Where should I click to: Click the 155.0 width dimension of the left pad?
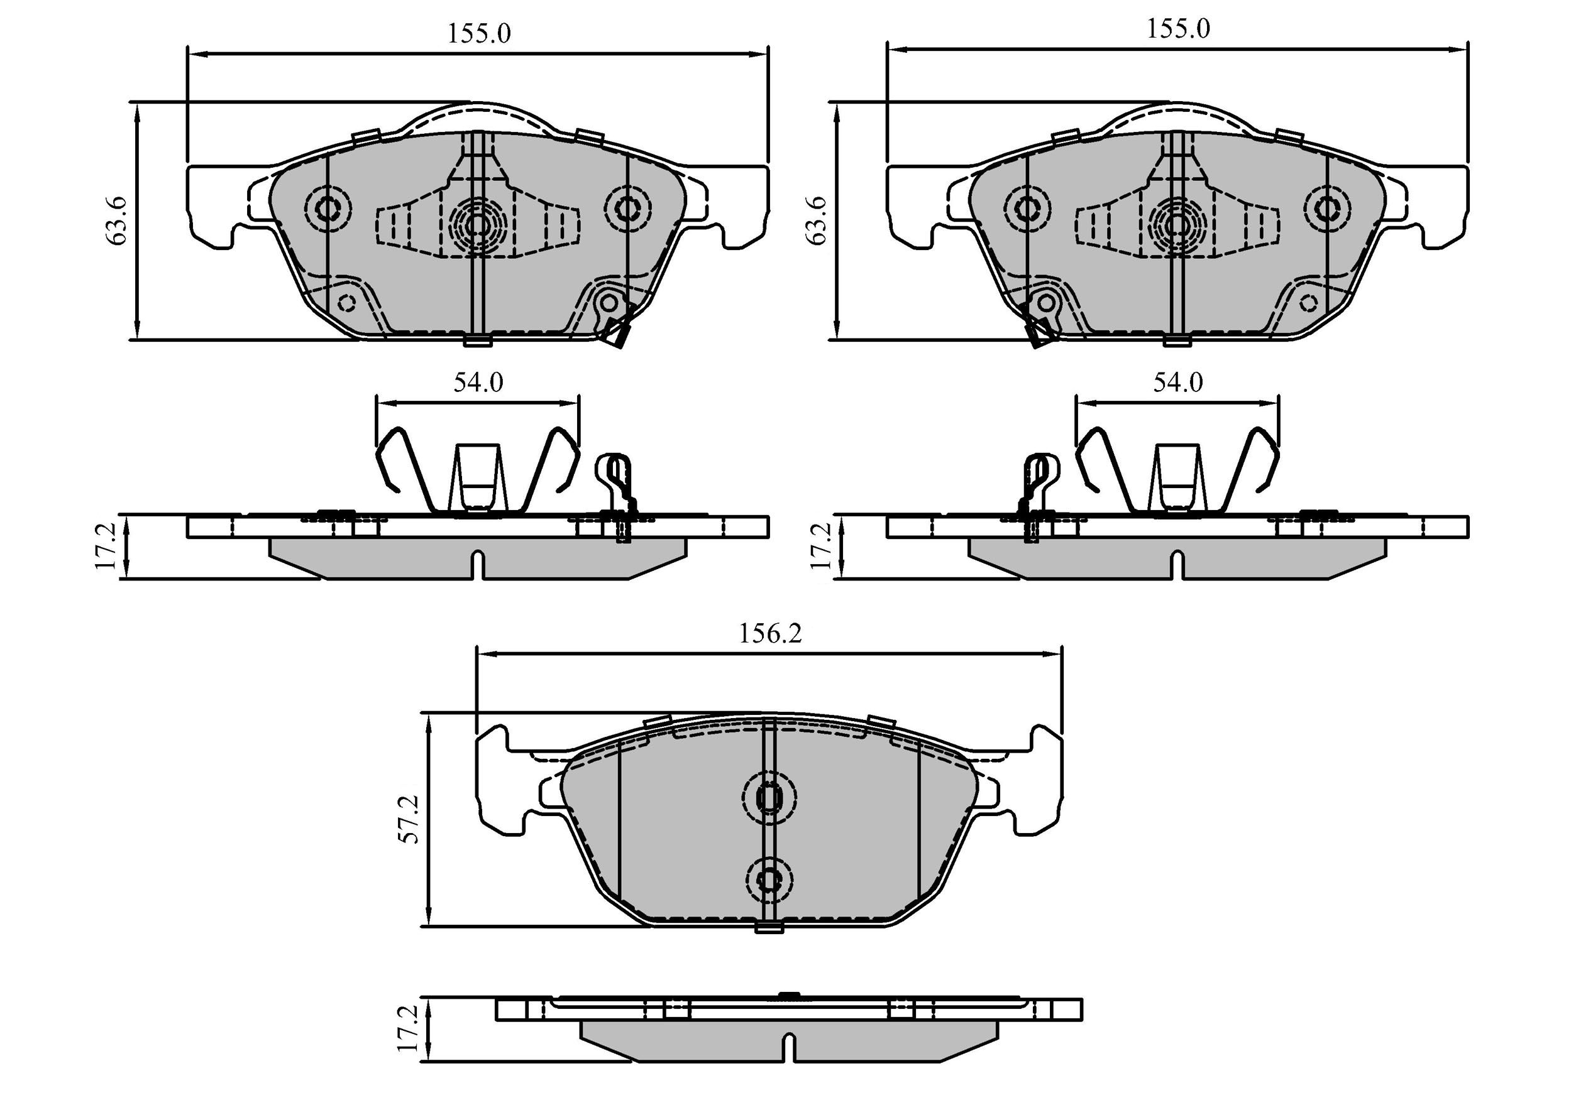pos(479,33)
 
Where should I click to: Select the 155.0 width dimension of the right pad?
pos(1178,29)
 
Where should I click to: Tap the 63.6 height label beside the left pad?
pos(117,220)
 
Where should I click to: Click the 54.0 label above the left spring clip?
pos(478,383)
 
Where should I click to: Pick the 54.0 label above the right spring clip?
pos(1177,383)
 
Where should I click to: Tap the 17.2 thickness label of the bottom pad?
pos(409,1028)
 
